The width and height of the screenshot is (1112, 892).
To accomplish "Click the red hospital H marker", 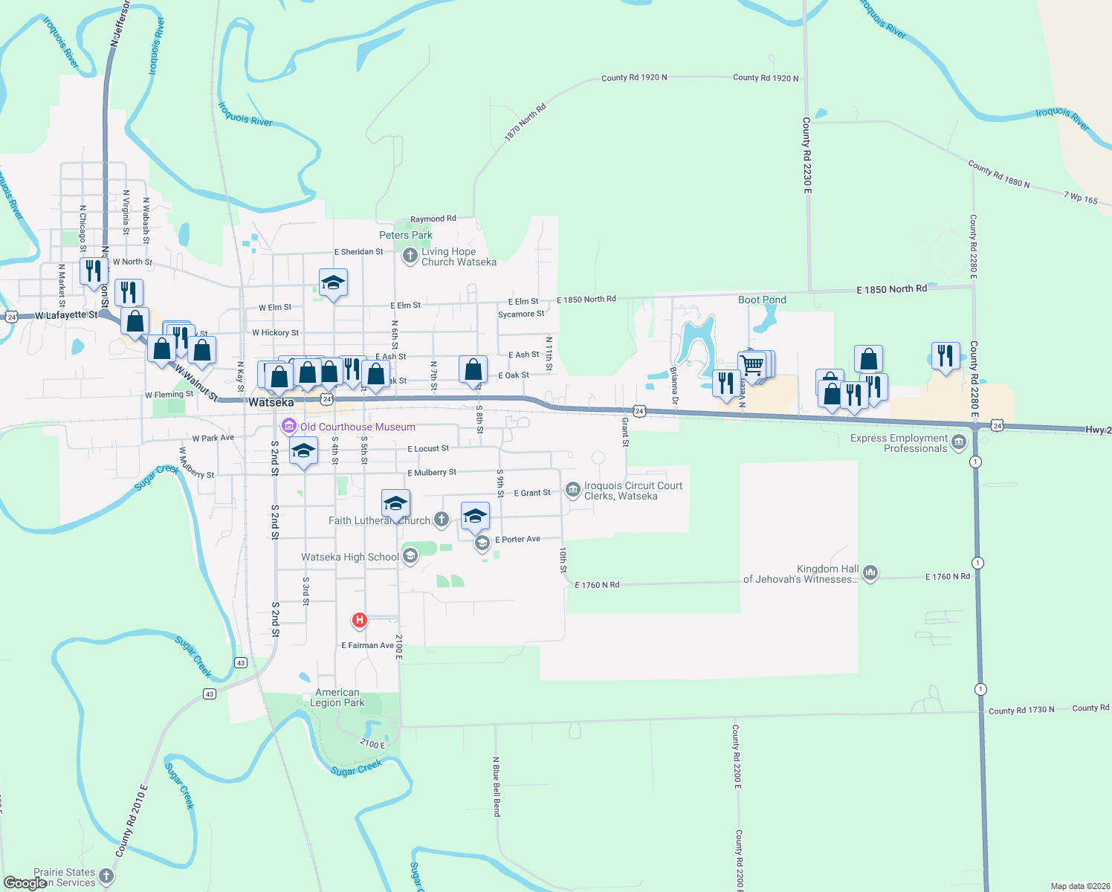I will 360,619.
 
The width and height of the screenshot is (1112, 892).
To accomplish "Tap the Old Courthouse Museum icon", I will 288,427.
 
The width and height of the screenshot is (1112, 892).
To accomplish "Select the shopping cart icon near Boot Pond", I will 752,365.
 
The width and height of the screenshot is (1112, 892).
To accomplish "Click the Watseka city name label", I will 271,402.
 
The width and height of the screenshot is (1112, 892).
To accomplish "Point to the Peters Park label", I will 405,235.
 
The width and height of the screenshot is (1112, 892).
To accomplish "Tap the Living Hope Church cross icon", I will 410,256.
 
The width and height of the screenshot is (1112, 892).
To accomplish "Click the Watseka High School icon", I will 410,556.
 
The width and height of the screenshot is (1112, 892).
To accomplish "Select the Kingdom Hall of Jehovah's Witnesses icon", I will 870,573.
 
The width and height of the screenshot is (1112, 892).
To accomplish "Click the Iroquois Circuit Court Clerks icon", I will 572,489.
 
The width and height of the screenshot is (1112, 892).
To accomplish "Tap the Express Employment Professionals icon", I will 959,443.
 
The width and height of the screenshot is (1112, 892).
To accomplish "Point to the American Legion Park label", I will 337,697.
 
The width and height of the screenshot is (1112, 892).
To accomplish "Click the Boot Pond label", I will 762,300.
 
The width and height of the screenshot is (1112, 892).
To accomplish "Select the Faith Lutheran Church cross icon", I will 442,520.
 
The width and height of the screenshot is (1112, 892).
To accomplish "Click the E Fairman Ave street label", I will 367,645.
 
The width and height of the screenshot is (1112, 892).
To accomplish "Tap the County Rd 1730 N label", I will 1021,710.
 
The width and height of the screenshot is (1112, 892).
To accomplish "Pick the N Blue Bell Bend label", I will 497,786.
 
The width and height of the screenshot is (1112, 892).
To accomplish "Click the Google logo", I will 25,883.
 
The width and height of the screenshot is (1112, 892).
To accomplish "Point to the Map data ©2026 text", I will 1078,886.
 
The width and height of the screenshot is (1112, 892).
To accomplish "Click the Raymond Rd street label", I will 433,219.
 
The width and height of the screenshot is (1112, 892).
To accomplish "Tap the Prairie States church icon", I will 106,876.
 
